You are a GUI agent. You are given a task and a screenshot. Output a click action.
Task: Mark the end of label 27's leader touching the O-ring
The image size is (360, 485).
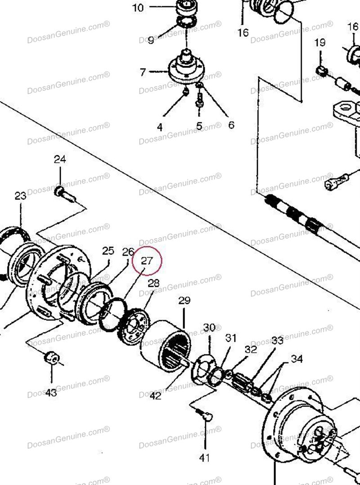coord(124,299)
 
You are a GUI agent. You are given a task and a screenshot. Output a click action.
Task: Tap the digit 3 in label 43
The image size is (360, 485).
coord(54,393)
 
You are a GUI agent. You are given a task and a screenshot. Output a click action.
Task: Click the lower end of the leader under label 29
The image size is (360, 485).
coord(184,328)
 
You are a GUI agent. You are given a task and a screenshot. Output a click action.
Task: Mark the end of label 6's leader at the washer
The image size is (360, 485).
coord(202,86)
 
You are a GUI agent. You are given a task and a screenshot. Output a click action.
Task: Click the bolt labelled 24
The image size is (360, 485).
coord(65,194)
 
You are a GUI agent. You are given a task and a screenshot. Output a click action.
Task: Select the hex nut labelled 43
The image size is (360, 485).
coord(52,358)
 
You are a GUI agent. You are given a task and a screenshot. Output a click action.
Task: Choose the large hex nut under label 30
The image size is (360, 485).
coord(202,369)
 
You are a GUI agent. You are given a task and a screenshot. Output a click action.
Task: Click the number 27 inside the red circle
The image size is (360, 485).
coord(147,261)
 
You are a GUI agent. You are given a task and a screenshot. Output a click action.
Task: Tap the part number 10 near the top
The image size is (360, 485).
coord(138,7)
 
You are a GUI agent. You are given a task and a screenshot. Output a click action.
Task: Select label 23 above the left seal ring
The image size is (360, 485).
coord(21,196)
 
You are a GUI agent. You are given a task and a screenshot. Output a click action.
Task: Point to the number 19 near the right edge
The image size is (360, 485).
coord(320,42)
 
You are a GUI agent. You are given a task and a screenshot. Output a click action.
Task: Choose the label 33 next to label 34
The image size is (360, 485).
coord(277,340)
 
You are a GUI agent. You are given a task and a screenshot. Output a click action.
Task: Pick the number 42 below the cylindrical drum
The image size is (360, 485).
coord(155,395)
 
